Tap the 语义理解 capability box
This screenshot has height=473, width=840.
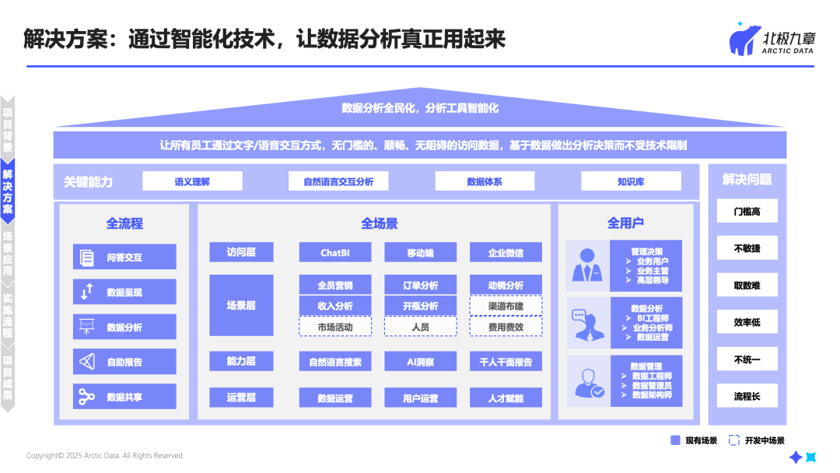(192, 181)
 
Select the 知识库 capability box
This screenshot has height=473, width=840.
(631, 181)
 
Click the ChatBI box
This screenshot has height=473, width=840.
(334, 253)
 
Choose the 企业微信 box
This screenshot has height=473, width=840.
(506, 253)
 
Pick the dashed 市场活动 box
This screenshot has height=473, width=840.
(334, 327)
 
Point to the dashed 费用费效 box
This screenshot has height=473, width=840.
(506, 327)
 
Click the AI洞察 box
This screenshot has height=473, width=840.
(420, 362)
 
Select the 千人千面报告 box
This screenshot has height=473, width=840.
(506, 362)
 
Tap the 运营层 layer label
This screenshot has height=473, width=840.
(241, 398)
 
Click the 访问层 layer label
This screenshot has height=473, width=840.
(241, 252)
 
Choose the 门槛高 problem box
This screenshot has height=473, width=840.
(747, 212)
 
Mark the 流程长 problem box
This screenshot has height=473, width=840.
(747, 397)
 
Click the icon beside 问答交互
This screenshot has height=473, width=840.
(86, 258)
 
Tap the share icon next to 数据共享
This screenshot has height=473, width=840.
(86, 397)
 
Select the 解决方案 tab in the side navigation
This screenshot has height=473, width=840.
(8, 192)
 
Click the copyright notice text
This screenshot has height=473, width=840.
(105, 456)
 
